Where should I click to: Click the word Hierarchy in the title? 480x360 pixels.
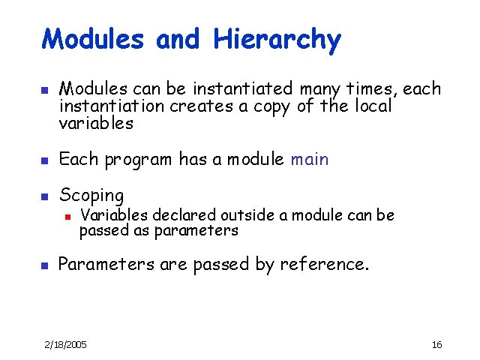click(x=277, y=40)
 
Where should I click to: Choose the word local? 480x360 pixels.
click(x=371, y=106)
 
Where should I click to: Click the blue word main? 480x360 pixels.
click(x=309, y=159)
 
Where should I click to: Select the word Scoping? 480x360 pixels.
click(x=91, y=196)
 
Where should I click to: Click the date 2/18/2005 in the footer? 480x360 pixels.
click(x=65, y=344)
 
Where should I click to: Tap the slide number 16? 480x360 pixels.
click(x=437, y=344)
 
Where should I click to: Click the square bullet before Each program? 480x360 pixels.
click(x=44, y=160)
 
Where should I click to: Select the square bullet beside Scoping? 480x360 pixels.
click(x=44, y=196)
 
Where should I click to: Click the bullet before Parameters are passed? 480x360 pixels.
click(x=44, y=265)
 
